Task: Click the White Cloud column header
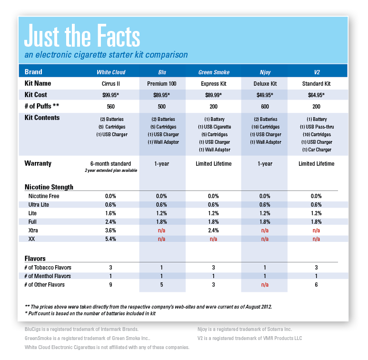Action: (x=111, y=72)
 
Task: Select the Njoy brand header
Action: (x=265, y=72)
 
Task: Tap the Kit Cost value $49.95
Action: (x=265, y=95)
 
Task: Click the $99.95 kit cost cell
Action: (x=110, y=95)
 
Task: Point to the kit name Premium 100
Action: (x=162, y=84)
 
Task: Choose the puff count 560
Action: (x=111, y=107)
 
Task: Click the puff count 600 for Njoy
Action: (x=265, y=107)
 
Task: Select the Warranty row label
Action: (x=38, y=163)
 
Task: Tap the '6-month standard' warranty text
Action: (x=110, y=164)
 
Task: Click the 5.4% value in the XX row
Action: (x=110, y=239)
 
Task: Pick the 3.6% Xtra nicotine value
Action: (x=110, y=230)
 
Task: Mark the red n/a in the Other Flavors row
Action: (x=265, y=285)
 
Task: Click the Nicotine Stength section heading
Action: (x=49, y=187)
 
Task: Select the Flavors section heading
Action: (x=35, y=259)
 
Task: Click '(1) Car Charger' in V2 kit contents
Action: (x=317, y=150)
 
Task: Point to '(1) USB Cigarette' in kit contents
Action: (x=215, y=127)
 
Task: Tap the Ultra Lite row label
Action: (x=39, y=205)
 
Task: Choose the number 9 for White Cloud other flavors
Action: (x=110, y=285)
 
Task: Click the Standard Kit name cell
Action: (x=317, y=84)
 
